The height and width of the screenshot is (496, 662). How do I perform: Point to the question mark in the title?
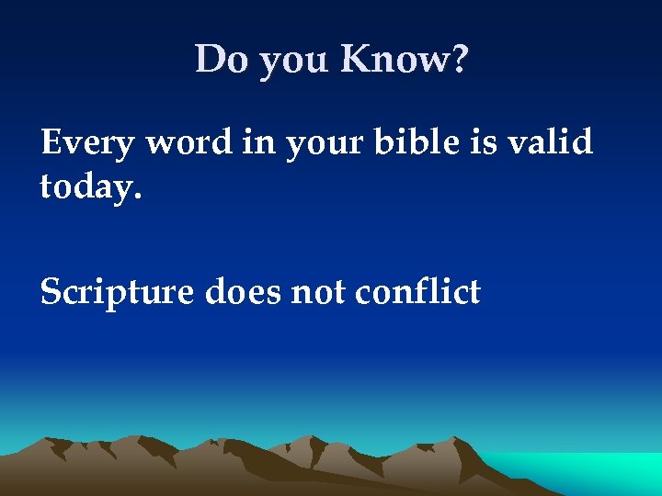[x=459, y=61]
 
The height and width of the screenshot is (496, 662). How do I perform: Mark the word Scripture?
[x=116, y=294]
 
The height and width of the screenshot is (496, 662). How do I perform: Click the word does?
[x=240, y=293]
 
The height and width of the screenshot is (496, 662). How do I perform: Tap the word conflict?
[x=417, y=293]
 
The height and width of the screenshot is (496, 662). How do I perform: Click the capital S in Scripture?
[x=51, y=293]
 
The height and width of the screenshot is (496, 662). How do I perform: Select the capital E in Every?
[x=51, y=143]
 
